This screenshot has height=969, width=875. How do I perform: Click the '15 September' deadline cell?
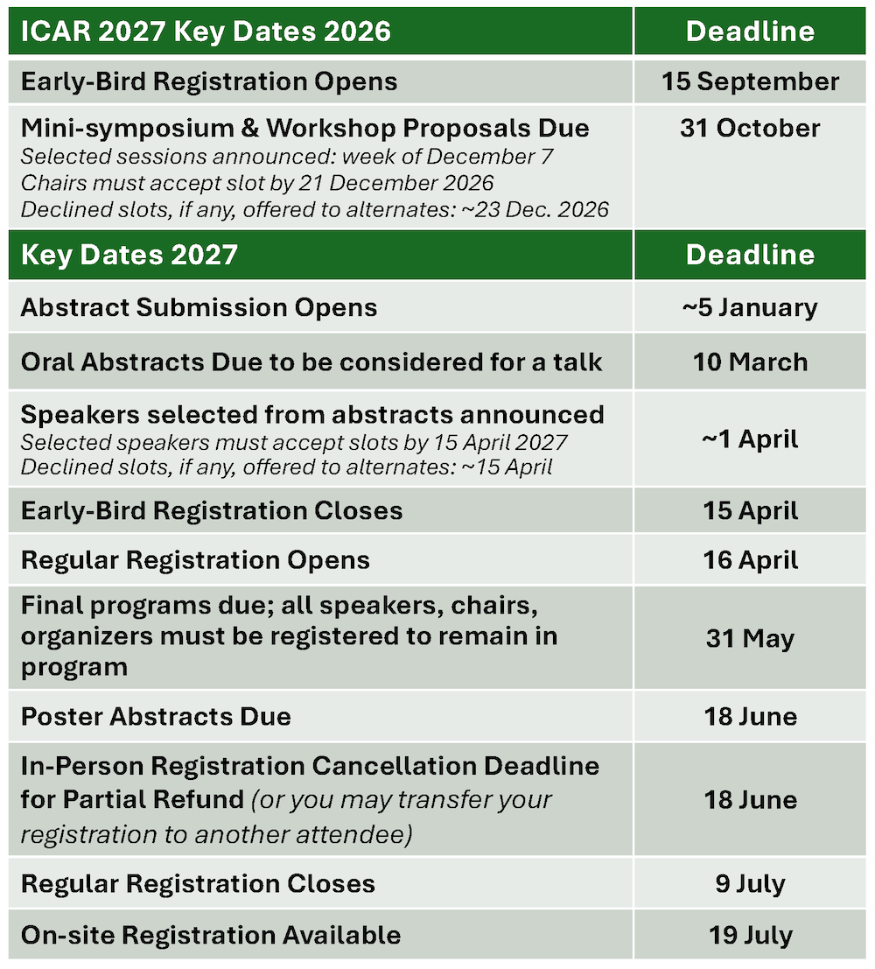click(750, 81)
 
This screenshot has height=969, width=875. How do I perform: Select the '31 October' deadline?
click(750, 128)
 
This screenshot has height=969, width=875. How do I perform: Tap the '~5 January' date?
click(750, 307)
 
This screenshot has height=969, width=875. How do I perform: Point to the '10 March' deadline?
click(750, 362)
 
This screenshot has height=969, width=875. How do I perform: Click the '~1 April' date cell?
click(750, 439)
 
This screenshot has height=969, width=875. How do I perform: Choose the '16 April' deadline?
click(750, 560)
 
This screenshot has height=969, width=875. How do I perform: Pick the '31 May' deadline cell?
click(750, 638)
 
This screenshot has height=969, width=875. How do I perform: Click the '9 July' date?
click(750, 883)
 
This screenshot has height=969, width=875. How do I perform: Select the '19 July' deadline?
click(750, 935)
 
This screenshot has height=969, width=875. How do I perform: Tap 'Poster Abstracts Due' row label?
click(156, 716)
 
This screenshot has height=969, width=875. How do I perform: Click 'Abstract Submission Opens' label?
click(199, 307)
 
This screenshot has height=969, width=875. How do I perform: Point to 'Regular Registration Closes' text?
click(198, 883)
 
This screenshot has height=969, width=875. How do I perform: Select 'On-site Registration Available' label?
click(211, 935)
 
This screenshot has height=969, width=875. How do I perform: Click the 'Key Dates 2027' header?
click(129, 255)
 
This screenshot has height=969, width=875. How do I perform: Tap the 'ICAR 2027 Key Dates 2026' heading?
click(206, 32)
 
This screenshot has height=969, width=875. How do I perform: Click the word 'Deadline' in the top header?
click(750, 32)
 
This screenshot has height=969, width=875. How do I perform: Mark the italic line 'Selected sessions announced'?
click(287, 157)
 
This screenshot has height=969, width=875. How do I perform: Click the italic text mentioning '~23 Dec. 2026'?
click(314, 209)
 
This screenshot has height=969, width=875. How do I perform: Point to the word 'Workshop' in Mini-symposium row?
click(332, 128)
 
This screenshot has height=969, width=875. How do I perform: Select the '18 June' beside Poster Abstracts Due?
click(750, 716)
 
